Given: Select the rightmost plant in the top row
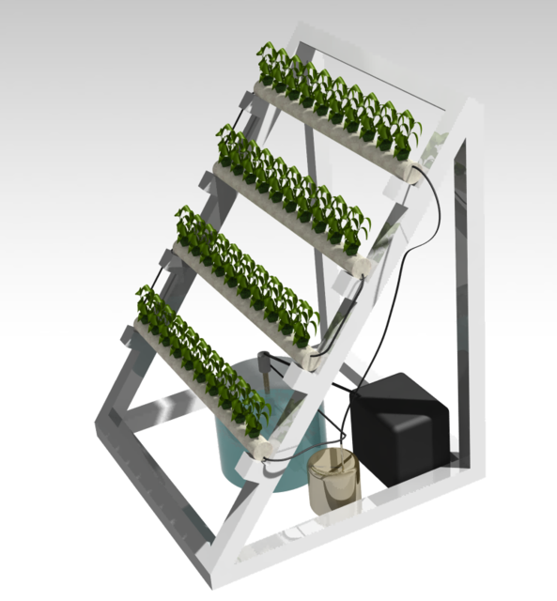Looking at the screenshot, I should tap(409, 131).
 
